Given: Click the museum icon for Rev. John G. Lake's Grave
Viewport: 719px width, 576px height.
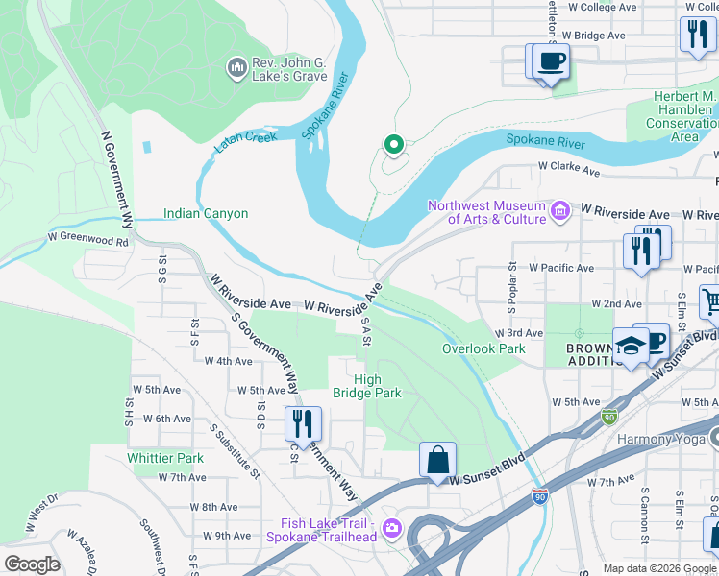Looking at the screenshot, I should (236, 68).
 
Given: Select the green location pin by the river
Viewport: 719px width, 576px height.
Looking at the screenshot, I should (392, 145).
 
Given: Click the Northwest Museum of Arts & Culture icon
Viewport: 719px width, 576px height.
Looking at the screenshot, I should (560, 208).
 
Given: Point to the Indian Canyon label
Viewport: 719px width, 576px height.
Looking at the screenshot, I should (206, 214).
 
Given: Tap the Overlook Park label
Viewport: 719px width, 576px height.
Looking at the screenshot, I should (483, 348).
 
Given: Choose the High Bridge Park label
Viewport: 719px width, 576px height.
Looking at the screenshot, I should (366, 386).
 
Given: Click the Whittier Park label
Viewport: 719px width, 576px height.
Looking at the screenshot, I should (165, 458).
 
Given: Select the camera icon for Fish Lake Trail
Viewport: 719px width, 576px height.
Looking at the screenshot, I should (391, 528).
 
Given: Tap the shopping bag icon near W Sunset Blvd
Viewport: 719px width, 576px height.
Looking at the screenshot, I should (437, 459).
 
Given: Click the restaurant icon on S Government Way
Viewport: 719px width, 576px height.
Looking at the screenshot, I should (303, 422).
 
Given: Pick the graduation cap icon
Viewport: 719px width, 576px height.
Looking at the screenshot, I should (630, 347).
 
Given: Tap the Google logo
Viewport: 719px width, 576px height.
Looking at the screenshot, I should (31, 564).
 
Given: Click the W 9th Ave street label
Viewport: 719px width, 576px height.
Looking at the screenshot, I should (227, 536).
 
